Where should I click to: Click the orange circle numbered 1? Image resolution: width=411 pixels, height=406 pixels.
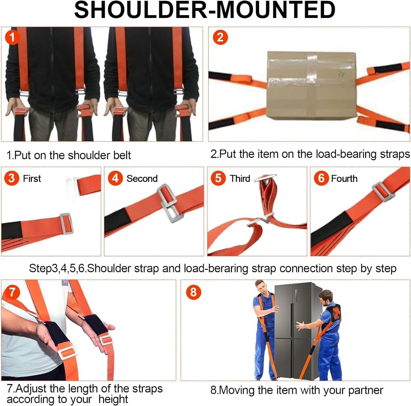(12, 37)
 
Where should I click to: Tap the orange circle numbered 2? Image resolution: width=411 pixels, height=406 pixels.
(220, 37)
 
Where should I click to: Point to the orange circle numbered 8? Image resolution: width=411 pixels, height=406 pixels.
(194, 292)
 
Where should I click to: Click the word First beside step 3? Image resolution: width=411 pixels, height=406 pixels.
(32, 179)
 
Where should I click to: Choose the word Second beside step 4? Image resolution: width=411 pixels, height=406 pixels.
(142, 179)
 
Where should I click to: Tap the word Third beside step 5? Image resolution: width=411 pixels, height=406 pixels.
(240, 179)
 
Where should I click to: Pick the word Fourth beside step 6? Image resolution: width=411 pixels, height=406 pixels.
(344, 179)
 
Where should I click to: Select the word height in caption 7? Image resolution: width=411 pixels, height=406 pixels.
(113, 399)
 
